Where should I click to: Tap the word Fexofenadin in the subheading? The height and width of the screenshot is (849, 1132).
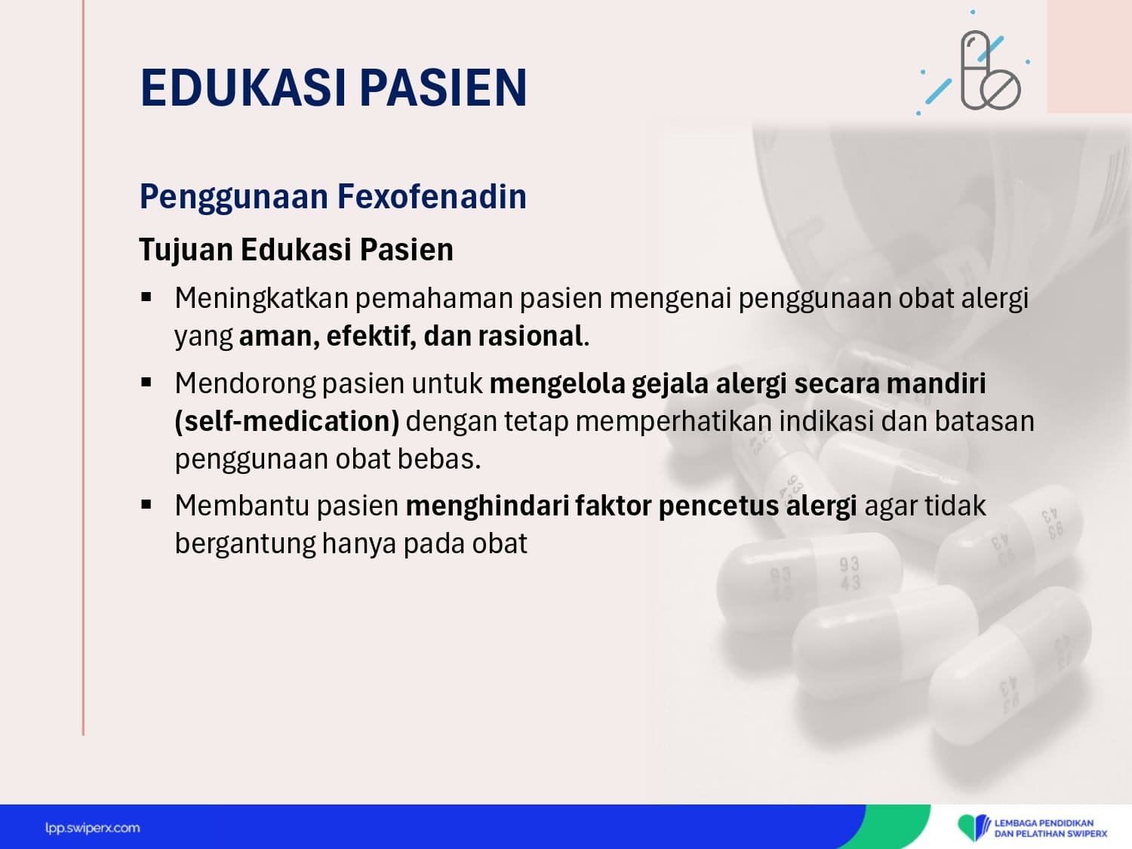(x=432, y=196)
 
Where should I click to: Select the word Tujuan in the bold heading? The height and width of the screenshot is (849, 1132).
(x=186, y=250)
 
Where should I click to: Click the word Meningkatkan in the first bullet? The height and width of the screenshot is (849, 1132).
(x=261, y=299)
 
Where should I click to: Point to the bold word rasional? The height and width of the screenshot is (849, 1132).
(x=531, y=336)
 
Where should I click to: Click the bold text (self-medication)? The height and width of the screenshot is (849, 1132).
(x=287, y=422)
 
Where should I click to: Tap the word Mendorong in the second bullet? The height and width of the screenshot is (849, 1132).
(x=245, y=384)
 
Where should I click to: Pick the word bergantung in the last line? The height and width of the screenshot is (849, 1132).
(x=245, y=544)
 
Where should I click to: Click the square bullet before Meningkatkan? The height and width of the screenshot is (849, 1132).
(x=146, y=297)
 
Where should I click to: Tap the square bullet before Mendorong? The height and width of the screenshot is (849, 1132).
(x=146, y=383)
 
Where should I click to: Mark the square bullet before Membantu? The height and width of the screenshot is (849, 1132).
(x=146, y=504)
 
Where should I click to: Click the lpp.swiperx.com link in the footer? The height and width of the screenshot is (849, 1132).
(x=92, y=828)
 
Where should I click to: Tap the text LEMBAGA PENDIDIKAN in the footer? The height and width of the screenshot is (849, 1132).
(x=1044, y=823)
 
